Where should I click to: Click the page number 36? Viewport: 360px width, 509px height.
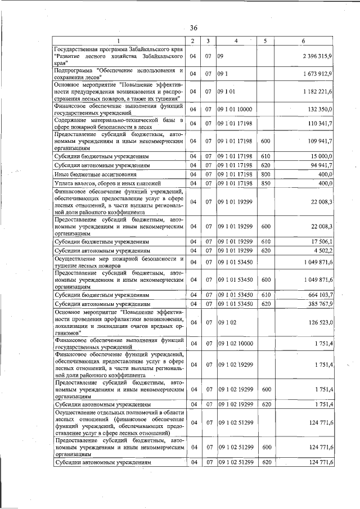[x=193, y=28]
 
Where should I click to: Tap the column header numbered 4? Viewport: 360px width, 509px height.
[x=236, y=41]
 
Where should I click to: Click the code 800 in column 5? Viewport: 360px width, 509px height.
[x=267, y=175]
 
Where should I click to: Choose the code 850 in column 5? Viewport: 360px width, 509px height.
[x=267, y=184]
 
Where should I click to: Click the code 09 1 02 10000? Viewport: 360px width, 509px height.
[x=236, y=344]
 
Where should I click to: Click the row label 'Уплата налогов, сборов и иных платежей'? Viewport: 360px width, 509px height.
[x=106, y=184]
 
